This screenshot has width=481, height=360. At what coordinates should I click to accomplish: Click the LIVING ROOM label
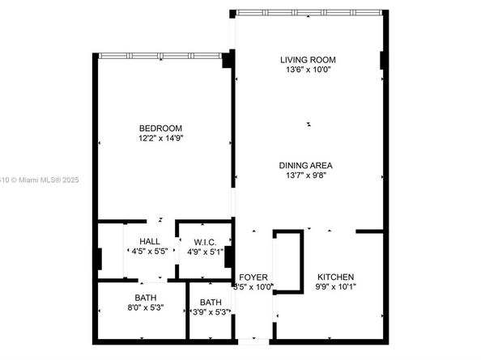coord(308,60)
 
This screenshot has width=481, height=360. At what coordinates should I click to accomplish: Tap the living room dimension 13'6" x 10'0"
coord(308,70)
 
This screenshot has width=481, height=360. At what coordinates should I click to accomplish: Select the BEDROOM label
coord(160,129)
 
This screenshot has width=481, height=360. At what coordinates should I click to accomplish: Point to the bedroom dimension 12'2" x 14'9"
coord(160,138)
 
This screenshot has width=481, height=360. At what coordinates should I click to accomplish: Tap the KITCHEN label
coord(335,277)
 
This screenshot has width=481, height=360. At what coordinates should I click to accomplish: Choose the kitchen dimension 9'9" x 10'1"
coord(335,286)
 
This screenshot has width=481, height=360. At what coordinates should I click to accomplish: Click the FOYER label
coord(253,277)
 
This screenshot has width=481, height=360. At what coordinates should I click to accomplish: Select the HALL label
coord(149,242)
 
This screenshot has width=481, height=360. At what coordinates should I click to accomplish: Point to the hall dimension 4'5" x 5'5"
coord(149,252)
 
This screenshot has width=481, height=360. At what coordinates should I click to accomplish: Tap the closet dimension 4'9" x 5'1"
coord(205,252)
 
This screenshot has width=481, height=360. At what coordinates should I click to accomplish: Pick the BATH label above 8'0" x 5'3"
coord(146,298)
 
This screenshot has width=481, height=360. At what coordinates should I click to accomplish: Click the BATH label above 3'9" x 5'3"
coord(211,303)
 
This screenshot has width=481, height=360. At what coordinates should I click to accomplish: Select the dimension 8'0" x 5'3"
coord(146,307)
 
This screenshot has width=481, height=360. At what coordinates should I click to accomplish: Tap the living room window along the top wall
coord(308,12)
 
